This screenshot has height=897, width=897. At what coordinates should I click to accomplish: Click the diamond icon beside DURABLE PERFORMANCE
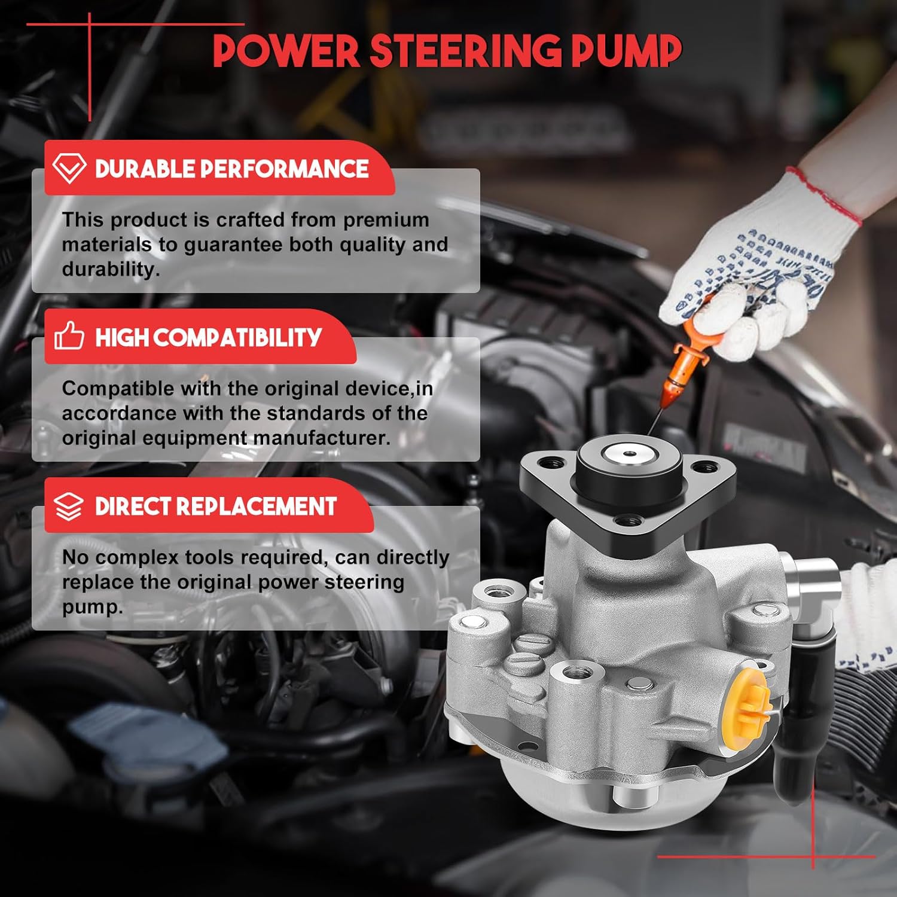[69, 168]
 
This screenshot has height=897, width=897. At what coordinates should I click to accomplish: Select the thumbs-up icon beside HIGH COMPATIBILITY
[69, 336]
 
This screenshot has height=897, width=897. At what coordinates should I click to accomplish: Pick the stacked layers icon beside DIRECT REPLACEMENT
[69, 507]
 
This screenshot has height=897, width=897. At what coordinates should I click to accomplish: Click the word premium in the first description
[386, 219]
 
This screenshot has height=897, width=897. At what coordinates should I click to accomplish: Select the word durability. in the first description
[111, 269]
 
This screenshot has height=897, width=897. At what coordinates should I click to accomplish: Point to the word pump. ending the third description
[92, 607]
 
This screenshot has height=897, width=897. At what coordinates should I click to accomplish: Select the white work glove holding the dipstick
[759, 269]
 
